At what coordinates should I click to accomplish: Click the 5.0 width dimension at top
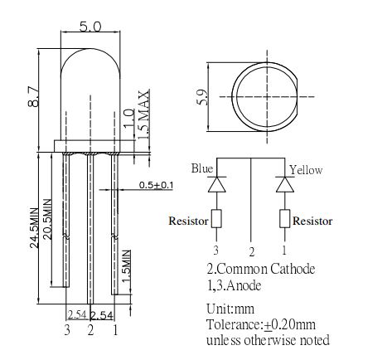pos(90,27)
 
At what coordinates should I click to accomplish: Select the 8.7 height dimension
pos(34,97)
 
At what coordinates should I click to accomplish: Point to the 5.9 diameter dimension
pos(201,97)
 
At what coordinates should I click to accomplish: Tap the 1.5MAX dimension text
pos(144,114)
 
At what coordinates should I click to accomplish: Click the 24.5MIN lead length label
pos(34,227)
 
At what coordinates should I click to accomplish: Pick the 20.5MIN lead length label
pos(47,219)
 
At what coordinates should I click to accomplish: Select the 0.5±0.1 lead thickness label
pos(156,185)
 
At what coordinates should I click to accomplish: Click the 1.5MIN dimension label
pos(126,266)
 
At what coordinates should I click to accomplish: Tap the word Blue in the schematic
pos(202,168)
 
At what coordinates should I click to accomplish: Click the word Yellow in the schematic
pos(306,170)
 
